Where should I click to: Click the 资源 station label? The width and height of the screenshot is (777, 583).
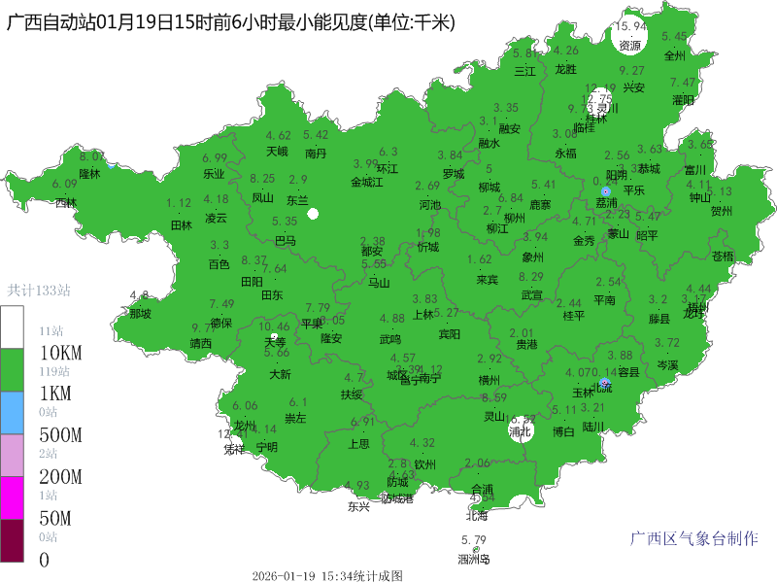(x=630, y=45)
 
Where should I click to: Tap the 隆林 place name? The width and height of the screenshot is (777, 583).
(x=89, y=174)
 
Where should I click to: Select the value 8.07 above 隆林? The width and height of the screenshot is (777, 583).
(x=92, y=156)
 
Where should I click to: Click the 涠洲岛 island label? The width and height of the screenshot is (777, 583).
(x=474, y=559)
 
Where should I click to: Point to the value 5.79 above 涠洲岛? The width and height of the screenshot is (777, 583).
(x=474, y=540)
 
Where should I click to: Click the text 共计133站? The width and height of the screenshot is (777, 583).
(x=39, y=290)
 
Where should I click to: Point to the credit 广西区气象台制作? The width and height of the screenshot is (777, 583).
(x=694, y=538)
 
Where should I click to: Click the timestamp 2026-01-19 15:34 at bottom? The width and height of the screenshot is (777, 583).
(x=326, y=575)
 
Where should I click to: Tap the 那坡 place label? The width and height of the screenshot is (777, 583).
(x=140, y=314)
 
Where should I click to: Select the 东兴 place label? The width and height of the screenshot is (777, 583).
(x=358, y=506)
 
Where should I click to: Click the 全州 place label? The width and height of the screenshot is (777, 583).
(x=675, y=55)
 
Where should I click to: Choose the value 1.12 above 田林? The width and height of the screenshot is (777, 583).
(x=180, y=203)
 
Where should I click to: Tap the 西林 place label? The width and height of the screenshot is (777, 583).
(x=65, y=203)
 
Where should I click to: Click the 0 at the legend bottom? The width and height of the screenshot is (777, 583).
(x=43, y=560)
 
